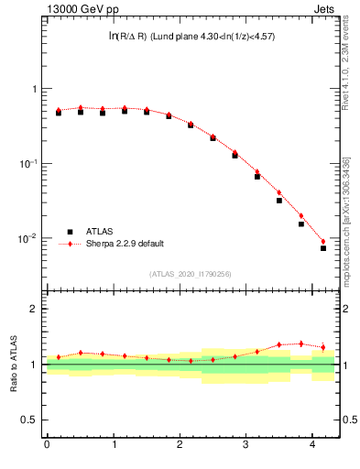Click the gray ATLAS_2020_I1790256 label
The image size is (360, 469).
(191, 274)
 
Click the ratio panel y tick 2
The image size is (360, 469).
(36, 309)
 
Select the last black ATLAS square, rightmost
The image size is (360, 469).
(323, 248)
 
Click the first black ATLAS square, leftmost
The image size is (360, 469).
(59, 113)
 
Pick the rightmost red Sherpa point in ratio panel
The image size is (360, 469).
(323, 347)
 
